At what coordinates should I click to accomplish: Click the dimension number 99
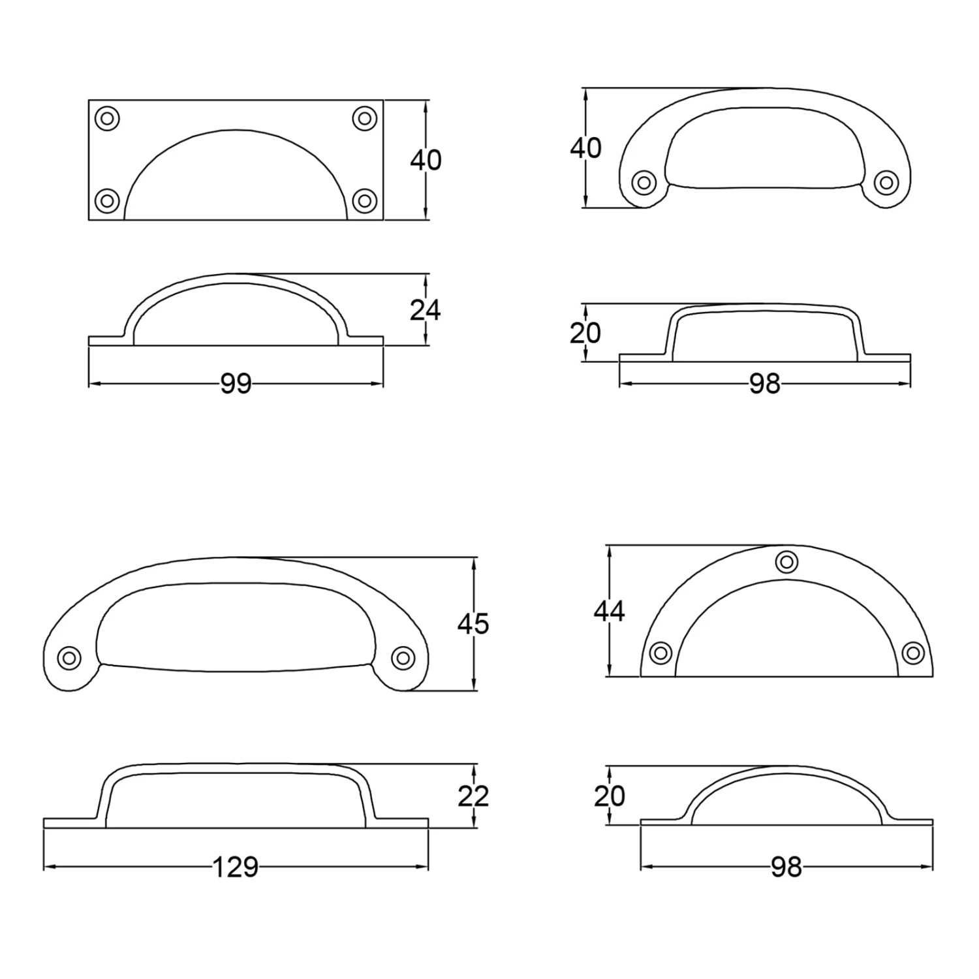point(236,384)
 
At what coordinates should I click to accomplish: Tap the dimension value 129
point(236,867)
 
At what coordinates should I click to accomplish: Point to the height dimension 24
point(426,310)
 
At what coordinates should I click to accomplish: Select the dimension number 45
point(473,624)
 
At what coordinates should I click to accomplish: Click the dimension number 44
point(609,611)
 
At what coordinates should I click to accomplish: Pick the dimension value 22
point(473,796)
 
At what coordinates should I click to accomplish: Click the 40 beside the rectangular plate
point(426,160)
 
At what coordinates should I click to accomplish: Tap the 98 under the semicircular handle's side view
point(786,867)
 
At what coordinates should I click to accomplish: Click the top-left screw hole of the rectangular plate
point(108,119)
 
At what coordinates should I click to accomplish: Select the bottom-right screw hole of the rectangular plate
point(365,200)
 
